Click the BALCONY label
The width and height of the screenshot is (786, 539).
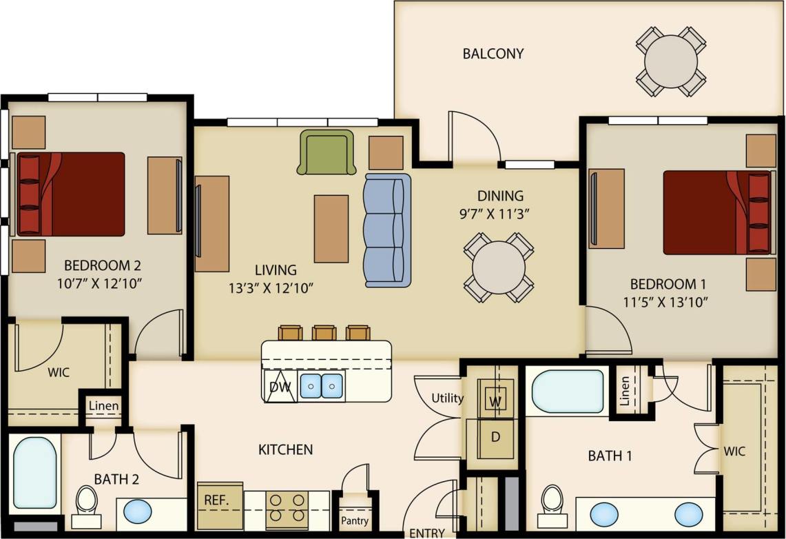click(493, 53)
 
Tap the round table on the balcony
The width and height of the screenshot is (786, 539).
click(671, 61)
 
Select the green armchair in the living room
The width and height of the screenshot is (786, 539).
click(327, 152)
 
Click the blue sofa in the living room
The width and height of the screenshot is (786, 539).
click(387, 230)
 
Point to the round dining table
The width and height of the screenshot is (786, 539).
click(499, 267)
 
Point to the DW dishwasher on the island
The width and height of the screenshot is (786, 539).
click(279, 387)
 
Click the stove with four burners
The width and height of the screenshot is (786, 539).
click(287, 508)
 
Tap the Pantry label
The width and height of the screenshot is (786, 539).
click(355, 520)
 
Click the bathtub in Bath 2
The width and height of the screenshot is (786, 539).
click(34, 472)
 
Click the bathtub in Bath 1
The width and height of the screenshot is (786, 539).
click(568, 391)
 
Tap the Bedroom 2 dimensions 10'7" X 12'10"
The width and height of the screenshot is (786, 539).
click(103, 283)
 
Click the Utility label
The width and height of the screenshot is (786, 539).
click(447, 398)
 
